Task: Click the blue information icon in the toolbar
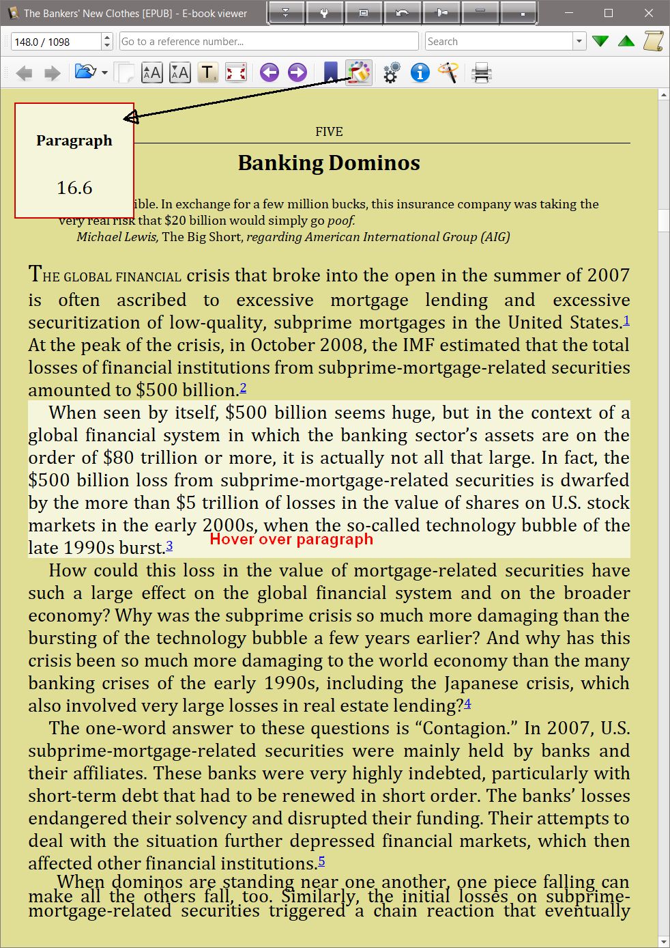420,72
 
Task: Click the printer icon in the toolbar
482,72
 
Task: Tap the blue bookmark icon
330,72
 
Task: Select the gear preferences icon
391,72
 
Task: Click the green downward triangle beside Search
600,41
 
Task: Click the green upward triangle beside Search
626,41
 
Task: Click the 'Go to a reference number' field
269,41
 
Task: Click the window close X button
649,13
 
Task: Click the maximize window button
609,13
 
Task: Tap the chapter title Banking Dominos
329,163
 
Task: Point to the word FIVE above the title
329,132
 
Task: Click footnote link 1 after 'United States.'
626,320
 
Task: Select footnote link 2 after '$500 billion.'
243,388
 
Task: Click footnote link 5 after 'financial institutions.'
321,861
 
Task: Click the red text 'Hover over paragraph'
291,539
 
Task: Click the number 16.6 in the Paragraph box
74,188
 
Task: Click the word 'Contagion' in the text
466,728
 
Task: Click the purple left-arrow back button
270,72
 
